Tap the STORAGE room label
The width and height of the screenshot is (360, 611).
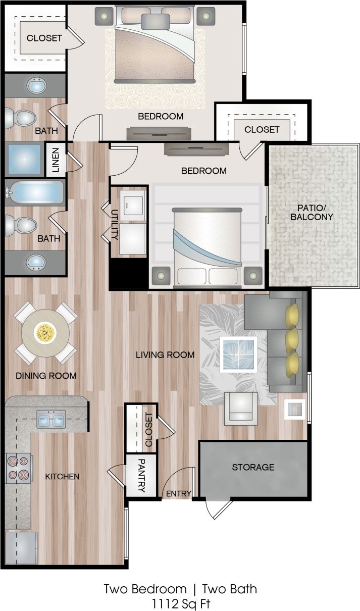coord(253,467)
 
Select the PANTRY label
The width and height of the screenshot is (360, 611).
coord(141,475)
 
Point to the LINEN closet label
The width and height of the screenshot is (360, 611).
coord(55,160)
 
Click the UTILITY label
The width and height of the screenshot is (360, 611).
coord(115,224)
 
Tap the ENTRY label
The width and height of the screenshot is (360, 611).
coord(178,493)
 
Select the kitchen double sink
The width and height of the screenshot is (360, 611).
coord(50,419)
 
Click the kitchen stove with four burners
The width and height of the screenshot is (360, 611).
coord(18,468)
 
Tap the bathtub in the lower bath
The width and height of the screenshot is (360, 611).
coord(35,193)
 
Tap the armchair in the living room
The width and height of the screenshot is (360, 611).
coord(239,408)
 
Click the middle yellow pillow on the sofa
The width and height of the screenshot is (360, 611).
coord(292,341)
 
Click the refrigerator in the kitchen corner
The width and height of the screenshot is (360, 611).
coord(21,548)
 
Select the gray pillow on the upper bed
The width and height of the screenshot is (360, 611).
coord(155,21)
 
